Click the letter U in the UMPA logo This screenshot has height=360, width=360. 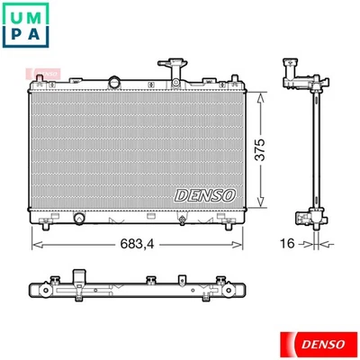coord(20,17)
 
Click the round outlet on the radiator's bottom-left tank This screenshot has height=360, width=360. coord(78,219)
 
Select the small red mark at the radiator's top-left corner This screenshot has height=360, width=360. coord(33,72)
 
